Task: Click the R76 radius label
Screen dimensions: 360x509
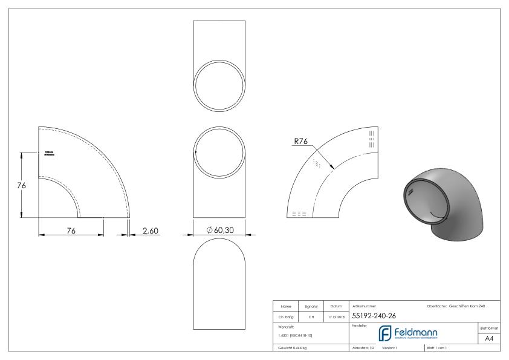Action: (x=300, y=142)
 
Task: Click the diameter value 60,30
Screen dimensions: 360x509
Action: (x=224, y=230)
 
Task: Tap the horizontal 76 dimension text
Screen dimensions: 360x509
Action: (x=71, y=230)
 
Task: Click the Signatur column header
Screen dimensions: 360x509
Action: (x=312, y=306)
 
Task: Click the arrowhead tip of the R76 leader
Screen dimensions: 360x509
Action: (x=334, y=167)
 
